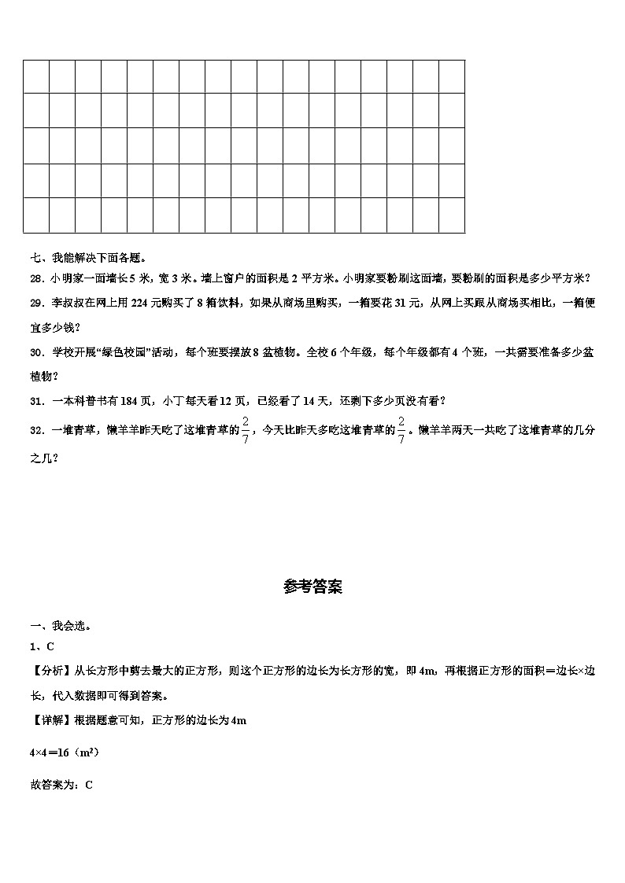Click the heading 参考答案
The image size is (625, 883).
pos(312,587)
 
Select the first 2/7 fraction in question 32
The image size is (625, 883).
pos(245,429)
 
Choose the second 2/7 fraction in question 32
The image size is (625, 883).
pos(401,429)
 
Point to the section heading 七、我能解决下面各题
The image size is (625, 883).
pos(87,257)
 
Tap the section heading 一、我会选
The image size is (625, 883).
pos(60,626)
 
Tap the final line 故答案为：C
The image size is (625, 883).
pos(61,784)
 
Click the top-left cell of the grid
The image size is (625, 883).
pos(36,76)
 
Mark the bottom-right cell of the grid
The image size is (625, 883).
pos(451,215)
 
